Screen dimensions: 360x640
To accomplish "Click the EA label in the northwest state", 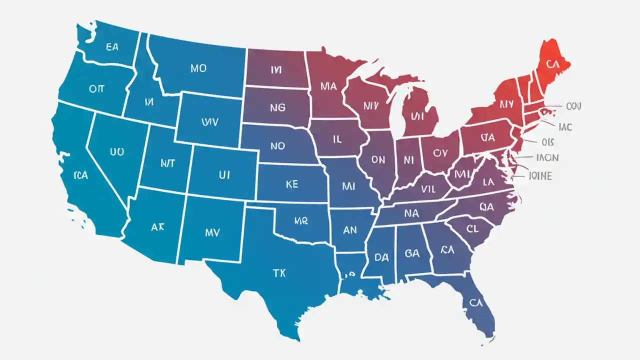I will point(112,47).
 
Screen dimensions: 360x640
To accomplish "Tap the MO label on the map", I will point(198,68).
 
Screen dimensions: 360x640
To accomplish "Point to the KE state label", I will point(291,184).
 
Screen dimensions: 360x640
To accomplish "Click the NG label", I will point(277,107).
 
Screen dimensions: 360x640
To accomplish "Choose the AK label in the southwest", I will point(157,226).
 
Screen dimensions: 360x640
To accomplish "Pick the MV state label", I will point(212,232).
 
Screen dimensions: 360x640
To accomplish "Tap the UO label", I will point(116,151).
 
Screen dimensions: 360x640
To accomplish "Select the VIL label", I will point(428,189).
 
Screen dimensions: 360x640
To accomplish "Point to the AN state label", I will point(350,230).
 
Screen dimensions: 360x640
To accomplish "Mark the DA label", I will point(381,257).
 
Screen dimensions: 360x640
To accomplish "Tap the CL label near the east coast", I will point(472,229).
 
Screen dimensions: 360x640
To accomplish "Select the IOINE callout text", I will point(540,175).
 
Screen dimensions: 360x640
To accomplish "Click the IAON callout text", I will point(547,157).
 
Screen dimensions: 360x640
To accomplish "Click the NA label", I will point(411,213).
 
